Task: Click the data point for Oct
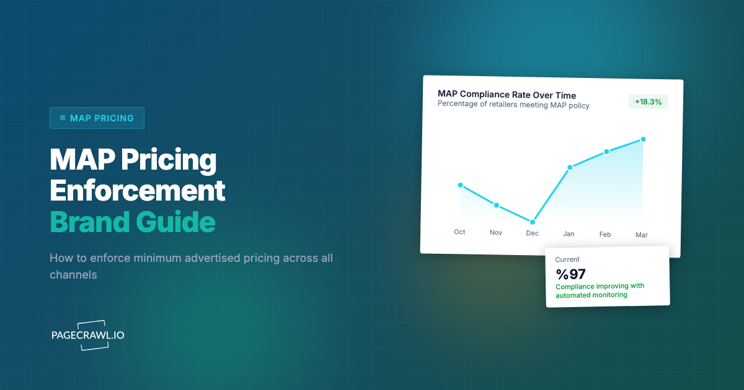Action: [460, 185]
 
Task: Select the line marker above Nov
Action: [496, 205]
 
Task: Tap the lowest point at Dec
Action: [533, 222]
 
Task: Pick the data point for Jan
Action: [570, 167]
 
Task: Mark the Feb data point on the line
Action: [606, 152]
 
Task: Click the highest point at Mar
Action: [643, 139]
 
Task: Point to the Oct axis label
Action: [459, 232]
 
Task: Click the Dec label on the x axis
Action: [532, 233]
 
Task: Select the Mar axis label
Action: [642, 235]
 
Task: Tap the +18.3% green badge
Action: [648, 102]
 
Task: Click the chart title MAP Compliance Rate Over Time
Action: [507, 95]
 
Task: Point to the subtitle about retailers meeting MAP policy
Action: [513, 105]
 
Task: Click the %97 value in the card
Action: [570, 274]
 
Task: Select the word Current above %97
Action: [567, 260]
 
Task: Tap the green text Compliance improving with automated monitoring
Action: [600, 290]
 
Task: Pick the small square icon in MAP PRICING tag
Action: [63, 118]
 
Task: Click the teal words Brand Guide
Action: [132, 222]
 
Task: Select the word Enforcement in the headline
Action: [137, 191]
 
